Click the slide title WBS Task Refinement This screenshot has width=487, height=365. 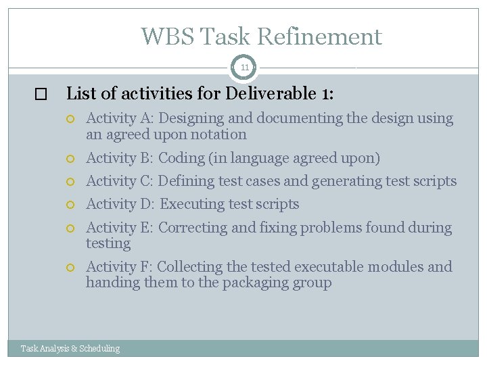pyautogui.click(x=261, y=36)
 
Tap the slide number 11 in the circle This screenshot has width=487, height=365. pyautogui.click(x=244, y=68)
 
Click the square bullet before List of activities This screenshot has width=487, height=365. pyautogui.click(x=45, y=95)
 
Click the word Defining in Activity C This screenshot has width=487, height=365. pyautogui.click(x=186, y=181)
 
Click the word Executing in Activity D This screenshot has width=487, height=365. pyautogui.click(x=190, y=204)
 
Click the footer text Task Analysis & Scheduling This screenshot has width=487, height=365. pyautogui.click(x=70, y=349)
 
